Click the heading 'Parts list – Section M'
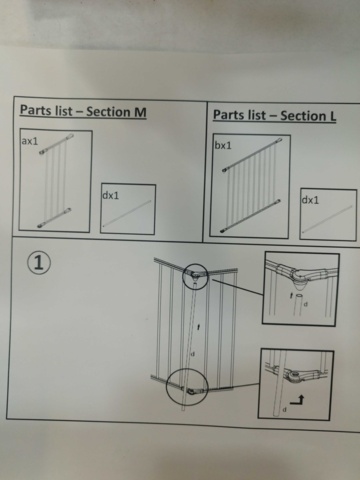tap(83, 111)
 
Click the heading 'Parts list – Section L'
tap(274, 115)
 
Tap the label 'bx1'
tap(223, 146)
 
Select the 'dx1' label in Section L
tap(310, 201)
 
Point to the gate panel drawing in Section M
tap(56, 185)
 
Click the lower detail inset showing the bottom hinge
tap(295, 384)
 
